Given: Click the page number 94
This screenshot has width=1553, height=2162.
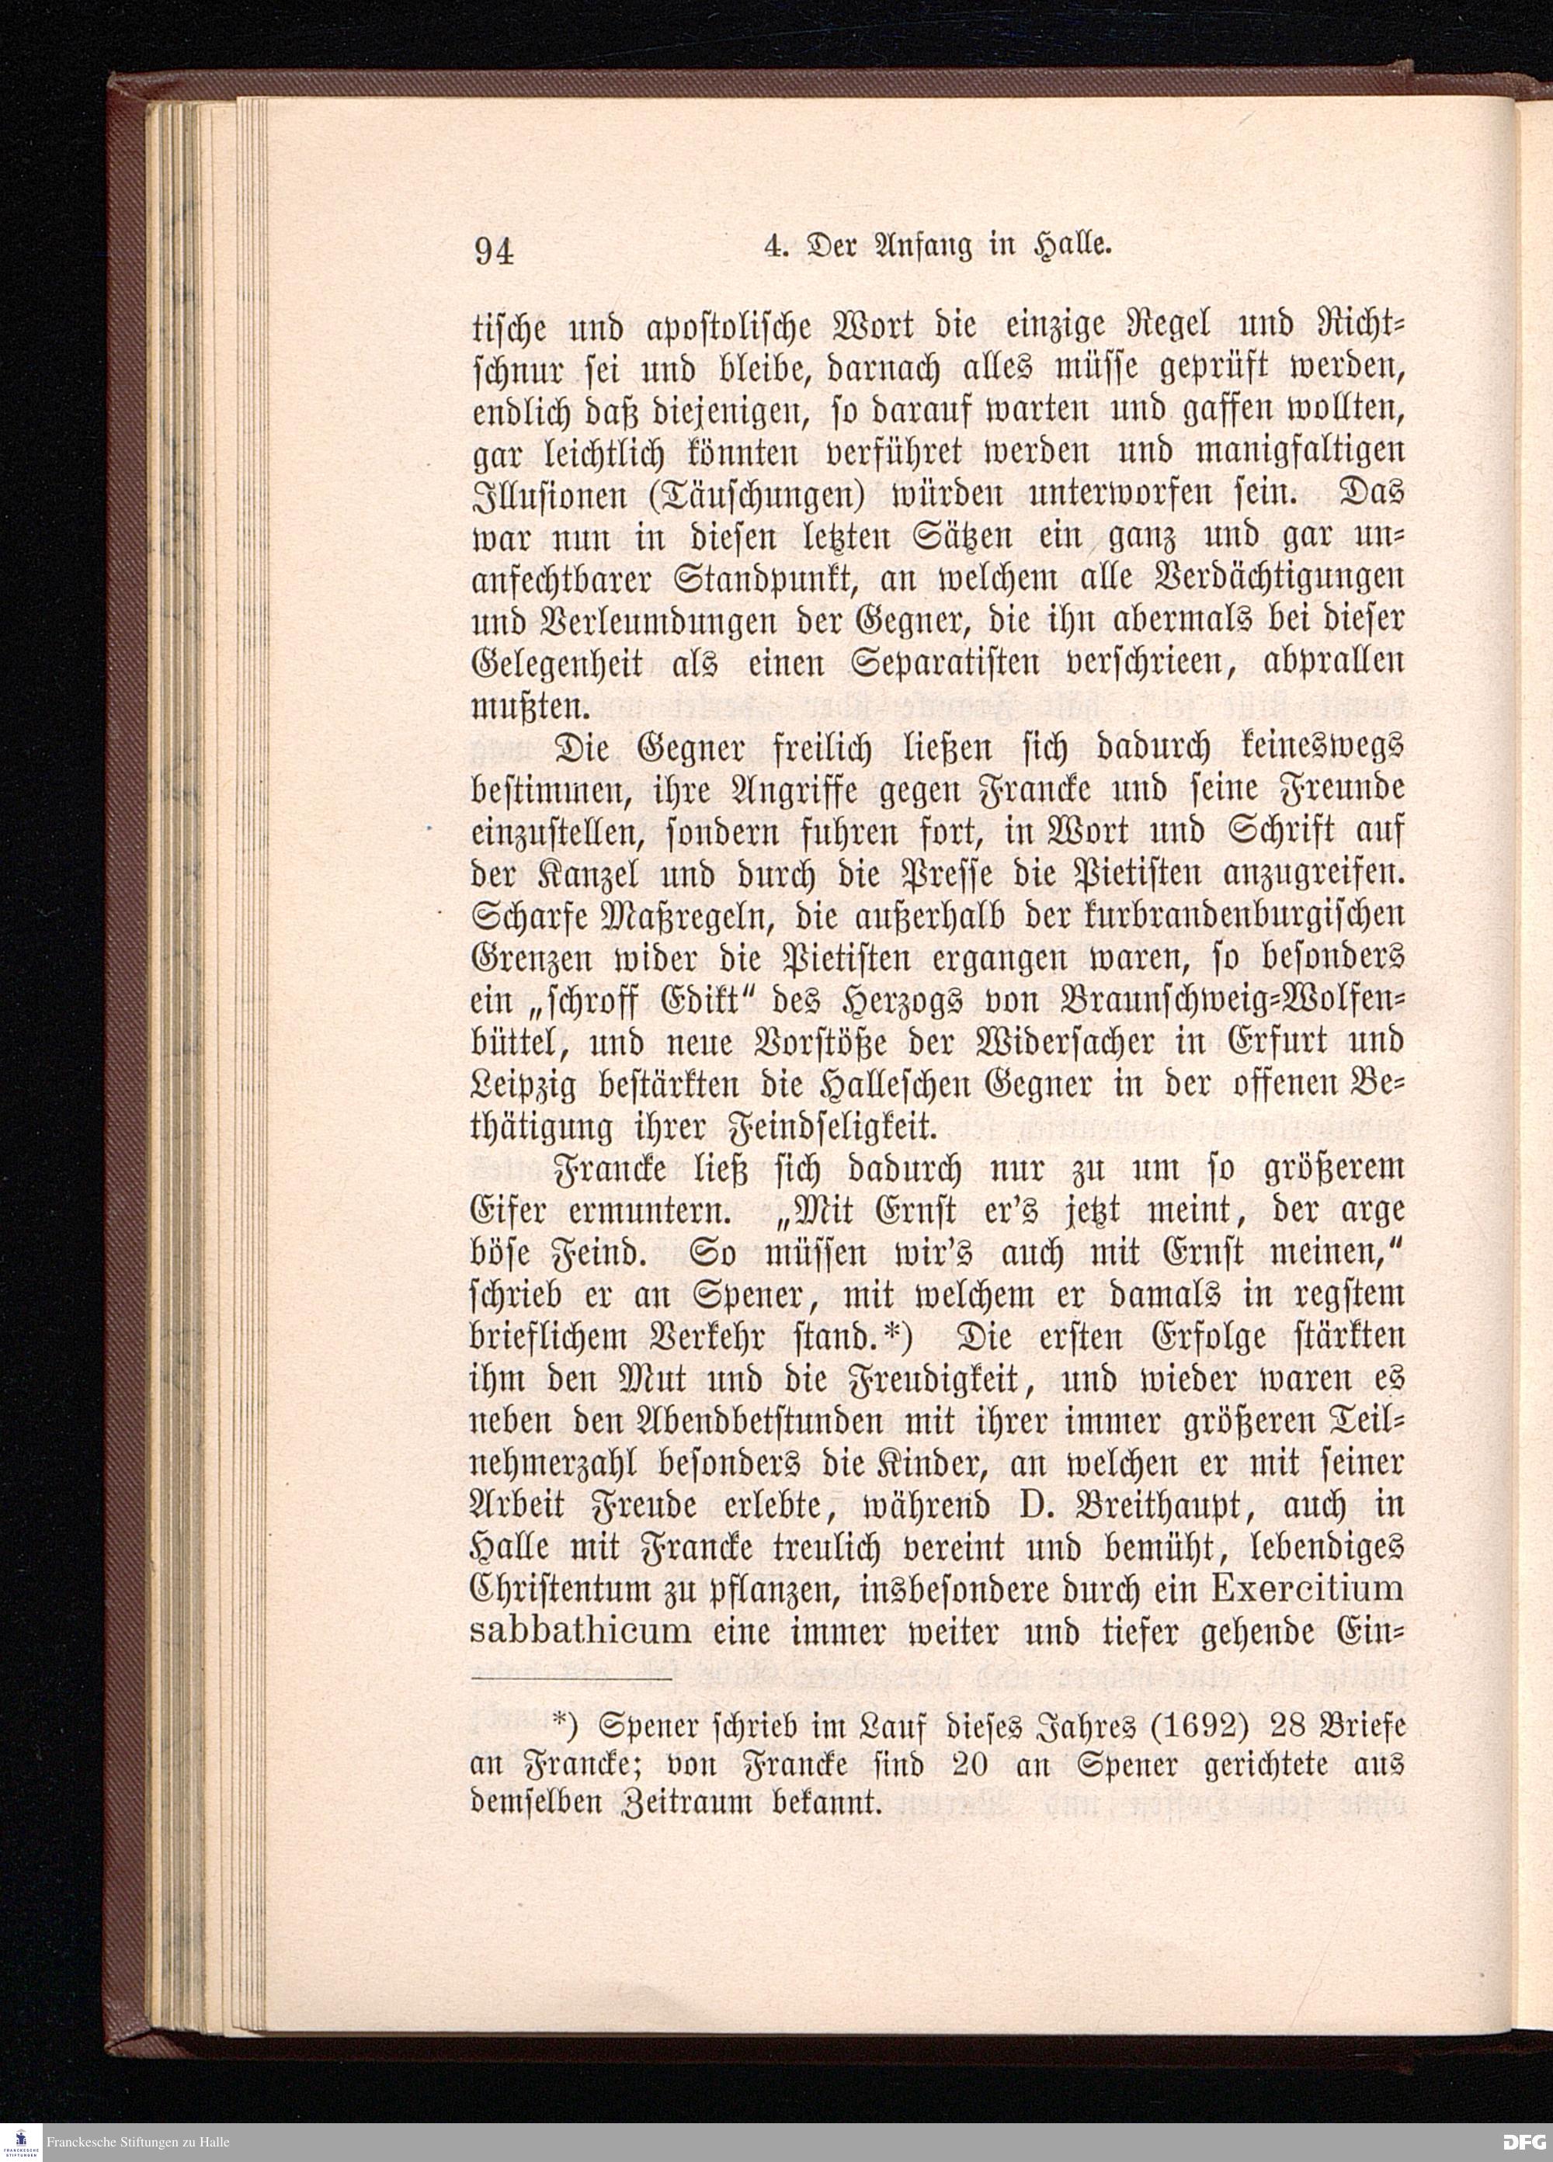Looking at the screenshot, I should click(494, 252).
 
